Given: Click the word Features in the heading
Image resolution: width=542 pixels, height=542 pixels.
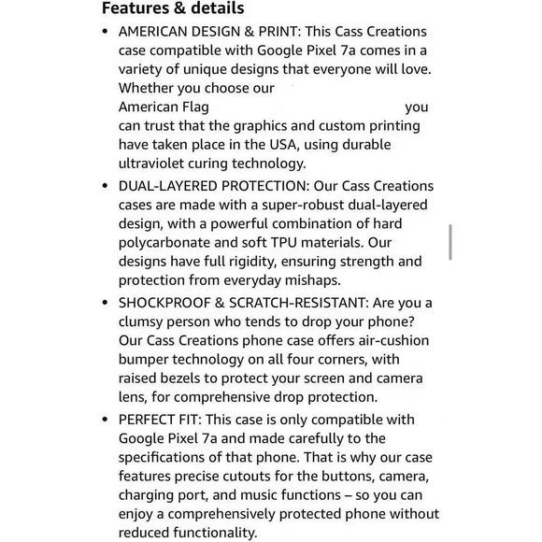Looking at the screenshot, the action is [135, 9].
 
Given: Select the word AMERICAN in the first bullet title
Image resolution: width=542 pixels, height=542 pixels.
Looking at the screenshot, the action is [156, 31].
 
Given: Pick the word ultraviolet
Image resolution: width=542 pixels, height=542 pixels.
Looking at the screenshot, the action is [155, 164].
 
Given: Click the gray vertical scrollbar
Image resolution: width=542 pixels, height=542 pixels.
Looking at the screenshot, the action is [450, 241].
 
